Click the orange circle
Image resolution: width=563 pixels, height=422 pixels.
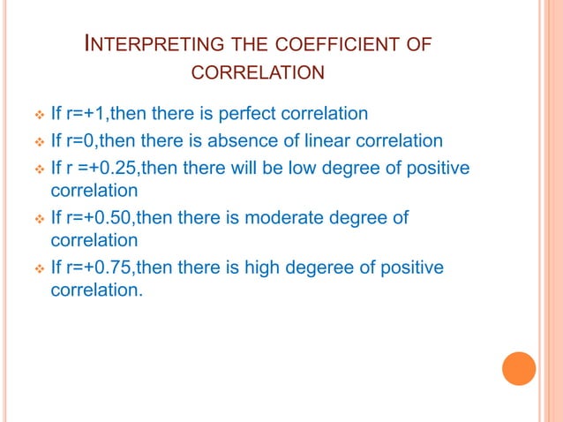(519, 368)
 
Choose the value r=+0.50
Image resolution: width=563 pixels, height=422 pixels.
(100, 216)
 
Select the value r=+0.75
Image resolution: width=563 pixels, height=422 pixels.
(100, 268)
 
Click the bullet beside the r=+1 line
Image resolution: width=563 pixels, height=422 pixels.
(38, 115)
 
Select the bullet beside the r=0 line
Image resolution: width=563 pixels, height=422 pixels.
(38, 140)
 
